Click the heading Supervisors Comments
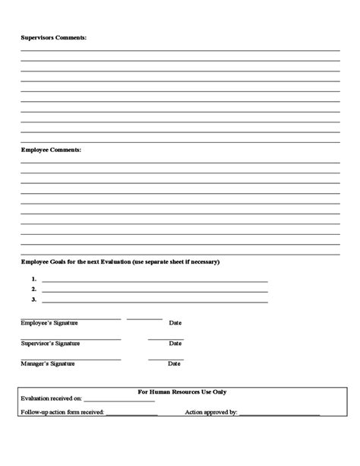pos(53,36)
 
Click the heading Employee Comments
pos(51,150)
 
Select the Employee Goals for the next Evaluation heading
pos(120,262)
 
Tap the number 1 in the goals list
pos(34,280)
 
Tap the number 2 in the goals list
pos(34,290)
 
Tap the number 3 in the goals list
pos(34,300)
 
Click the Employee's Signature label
pos(49,323)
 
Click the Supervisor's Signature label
pos(50,344)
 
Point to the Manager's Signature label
pos(48,364)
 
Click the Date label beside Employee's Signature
pos(175,323)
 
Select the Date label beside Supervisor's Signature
pos(175,344)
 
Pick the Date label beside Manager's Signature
pos(175,364)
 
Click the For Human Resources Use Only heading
pos(182,392)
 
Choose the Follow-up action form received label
pos(63,414)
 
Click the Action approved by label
pos(212,414)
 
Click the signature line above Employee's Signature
pos(71,319)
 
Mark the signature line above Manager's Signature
pos(71,360)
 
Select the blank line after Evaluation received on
pos(118,401)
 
